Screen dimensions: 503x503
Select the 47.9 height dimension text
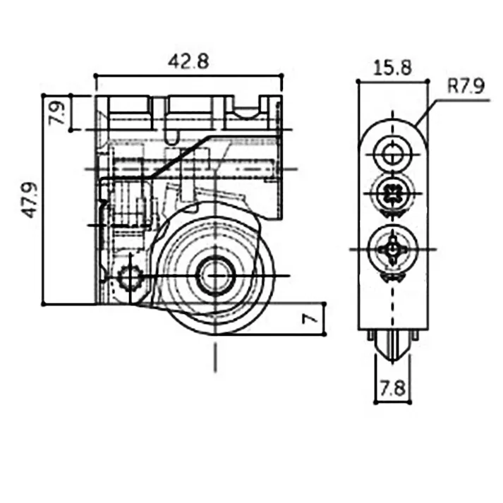[x=30, y=200]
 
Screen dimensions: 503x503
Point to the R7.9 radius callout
[x=465, y=87]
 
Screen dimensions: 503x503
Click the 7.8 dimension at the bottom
[x=392, y=387]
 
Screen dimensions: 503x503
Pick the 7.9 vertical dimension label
[x=57, y=112]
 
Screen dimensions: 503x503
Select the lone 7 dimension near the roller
[x=309, y=319]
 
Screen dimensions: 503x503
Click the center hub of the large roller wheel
[x=214, y=275]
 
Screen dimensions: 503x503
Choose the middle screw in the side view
[x=392, y=193]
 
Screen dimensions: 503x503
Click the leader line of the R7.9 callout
[x=430, y=113]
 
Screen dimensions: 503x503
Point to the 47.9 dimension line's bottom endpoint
[x=44, y=304]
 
